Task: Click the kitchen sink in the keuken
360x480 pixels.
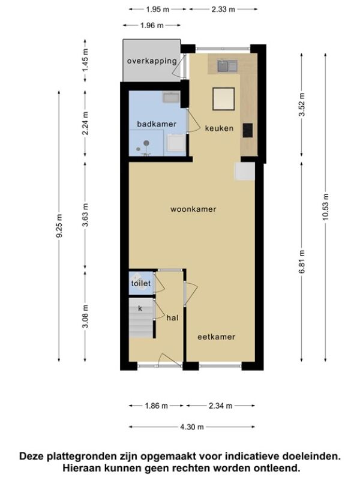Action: coord(227,66)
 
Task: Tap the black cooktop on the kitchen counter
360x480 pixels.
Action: coord(248,130)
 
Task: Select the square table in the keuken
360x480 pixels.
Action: coord(224,98)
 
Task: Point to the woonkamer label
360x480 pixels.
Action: coord(193,209)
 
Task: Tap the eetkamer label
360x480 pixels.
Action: coord(216,337)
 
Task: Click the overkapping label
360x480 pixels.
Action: coord(152,61)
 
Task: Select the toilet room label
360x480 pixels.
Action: coord(141,283)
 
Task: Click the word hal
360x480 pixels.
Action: coord(172,318)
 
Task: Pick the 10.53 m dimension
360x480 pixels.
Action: coord(325,206)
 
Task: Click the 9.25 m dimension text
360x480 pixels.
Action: coord(59,226)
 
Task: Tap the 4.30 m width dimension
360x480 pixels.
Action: coord(192,427)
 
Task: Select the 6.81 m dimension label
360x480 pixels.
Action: coord(302,262)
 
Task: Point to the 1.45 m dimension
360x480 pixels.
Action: coord(85,61)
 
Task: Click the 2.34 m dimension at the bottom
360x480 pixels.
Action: coord(220,406)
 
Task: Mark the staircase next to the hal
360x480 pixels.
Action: coord(141,318)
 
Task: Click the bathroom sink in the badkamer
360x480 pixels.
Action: coord(171,97)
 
